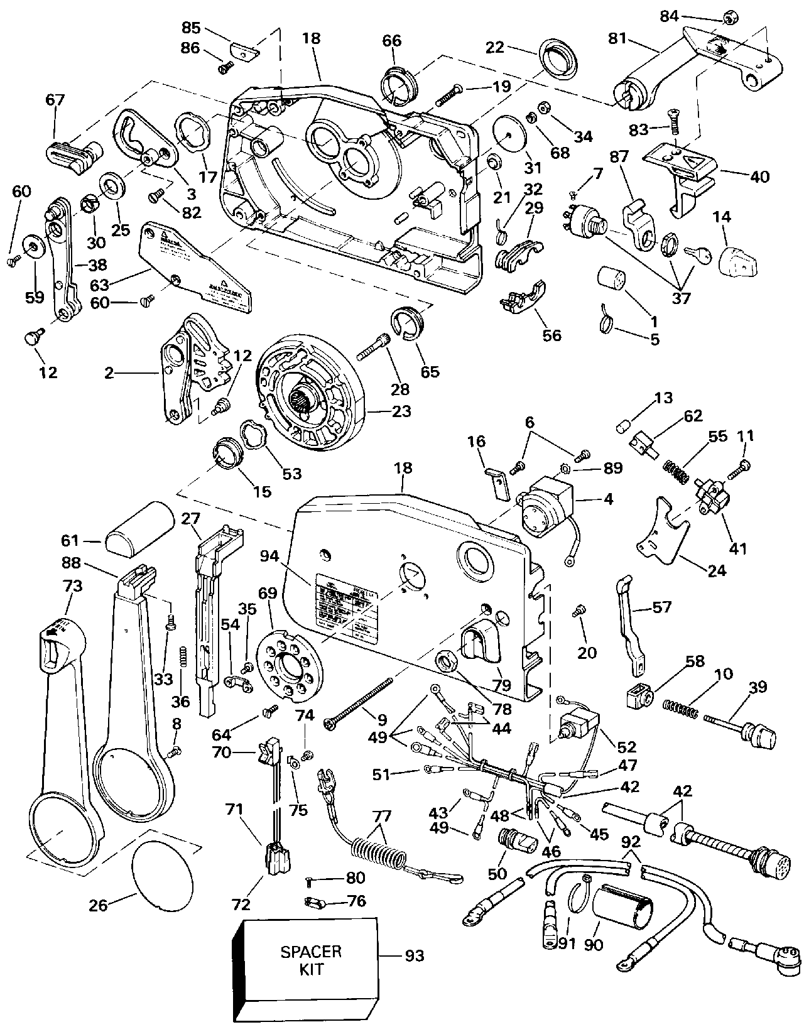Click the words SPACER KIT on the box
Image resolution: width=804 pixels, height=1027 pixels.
311,960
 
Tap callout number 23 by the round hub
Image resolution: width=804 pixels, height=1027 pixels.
401,411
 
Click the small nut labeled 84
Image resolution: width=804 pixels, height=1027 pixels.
729,20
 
